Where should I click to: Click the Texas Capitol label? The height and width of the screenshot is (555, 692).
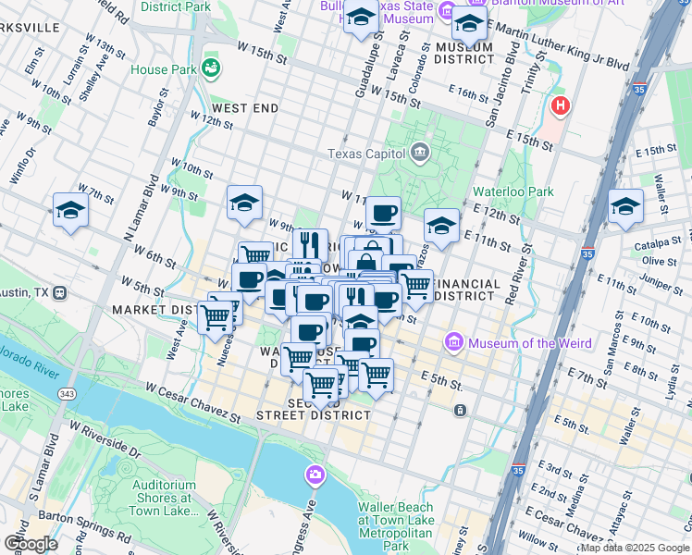[x=366, y=154]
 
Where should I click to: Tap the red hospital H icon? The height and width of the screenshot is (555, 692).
[x=559, y=106]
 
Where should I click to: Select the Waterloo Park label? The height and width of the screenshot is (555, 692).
[x=512, y=191]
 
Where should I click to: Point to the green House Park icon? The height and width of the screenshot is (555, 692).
[x=211, y=68]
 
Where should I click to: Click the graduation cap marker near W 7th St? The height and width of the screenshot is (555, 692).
[x=70, y=210]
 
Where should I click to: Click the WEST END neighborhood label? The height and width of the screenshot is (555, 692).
[x=245, y=108]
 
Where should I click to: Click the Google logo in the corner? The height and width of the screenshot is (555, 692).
[x=31, y=543]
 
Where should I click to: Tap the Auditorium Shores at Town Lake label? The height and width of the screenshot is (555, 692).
[x=164, y=498]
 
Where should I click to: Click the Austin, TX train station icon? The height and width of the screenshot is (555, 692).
[x=59, y=292]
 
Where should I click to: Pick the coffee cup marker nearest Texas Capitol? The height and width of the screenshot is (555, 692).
[x=383, y=213]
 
